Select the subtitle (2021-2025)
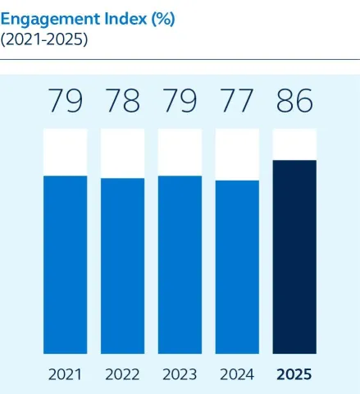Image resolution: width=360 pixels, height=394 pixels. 44,39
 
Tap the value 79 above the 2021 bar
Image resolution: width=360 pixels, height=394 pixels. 66,101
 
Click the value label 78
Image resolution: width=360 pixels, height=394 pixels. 123,101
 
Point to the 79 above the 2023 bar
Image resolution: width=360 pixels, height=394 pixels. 180,101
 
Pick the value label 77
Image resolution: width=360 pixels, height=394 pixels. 237,101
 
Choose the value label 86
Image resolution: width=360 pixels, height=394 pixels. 294,101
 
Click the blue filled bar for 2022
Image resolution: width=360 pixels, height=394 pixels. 123,265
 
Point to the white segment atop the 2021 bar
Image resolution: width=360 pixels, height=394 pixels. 66,152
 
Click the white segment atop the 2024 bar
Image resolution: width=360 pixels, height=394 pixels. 237,154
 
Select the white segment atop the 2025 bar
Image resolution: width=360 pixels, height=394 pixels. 294,144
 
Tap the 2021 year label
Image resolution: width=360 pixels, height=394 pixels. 66,374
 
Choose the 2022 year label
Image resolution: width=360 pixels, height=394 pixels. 123,374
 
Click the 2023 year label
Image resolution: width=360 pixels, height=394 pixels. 180,374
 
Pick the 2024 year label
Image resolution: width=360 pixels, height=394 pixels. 237,374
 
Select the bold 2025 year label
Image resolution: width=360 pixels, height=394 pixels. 294,374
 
